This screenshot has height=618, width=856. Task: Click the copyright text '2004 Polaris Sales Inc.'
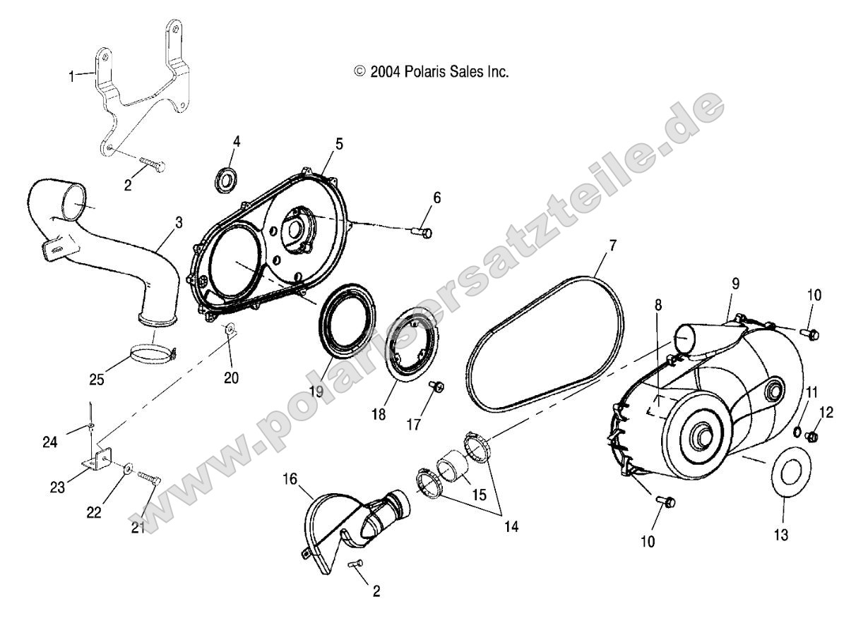click(x=431, y=71)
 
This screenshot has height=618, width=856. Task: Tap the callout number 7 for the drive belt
click(x=612, y=246)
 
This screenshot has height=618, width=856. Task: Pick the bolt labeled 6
click(x=423, y=231)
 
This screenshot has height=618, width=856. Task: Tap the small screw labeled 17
click(x=436, y=385)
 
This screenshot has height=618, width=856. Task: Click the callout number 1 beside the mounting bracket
click(x=71, y=75)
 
